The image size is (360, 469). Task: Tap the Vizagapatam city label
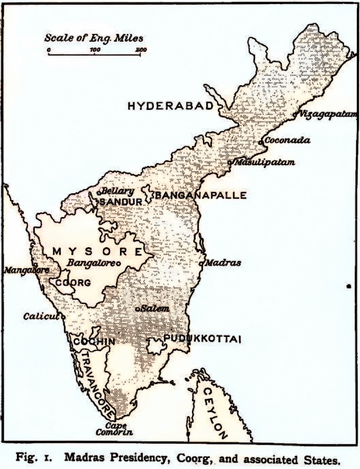[325, 114]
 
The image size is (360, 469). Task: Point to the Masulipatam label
[264, 162]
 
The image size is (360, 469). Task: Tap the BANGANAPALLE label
[200, 195]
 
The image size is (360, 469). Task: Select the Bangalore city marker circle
[118, 262]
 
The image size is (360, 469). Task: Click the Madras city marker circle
[202, 262]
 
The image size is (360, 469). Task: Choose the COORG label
[73, 283]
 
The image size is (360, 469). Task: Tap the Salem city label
[155, 308]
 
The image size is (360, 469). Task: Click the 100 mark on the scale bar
[95, 50]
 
